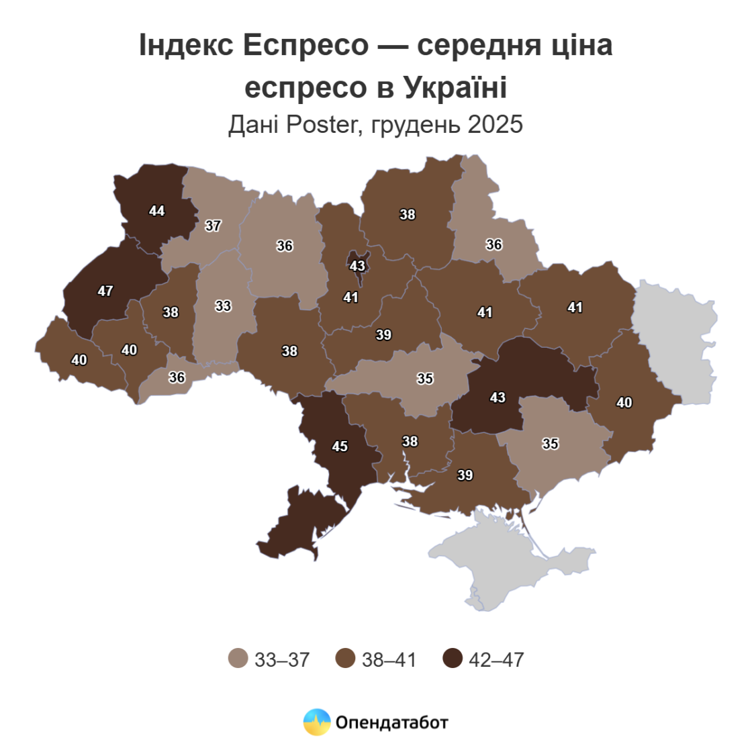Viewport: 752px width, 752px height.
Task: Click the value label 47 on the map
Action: [x=105, y=291]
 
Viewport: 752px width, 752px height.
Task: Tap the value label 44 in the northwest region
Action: [x=156, y=211]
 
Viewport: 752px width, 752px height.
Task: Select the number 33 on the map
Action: [x=223, y=306]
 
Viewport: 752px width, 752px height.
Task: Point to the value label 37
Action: [x=213, y=226]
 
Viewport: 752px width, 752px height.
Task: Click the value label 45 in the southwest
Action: [x=340, y=446]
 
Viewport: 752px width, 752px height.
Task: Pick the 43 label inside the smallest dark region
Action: [x=357, y=266]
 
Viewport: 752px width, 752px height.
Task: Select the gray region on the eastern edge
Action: [x=675, y=342]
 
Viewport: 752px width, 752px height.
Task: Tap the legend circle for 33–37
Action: [x=238, y=659]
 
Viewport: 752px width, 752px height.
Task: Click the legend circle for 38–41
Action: [x=345, y=659]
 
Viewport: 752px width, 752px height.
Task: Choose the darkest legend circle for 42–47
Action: [x=453, y=659]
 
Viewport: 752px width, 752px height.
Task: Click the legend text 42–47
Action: [x=496, y=660]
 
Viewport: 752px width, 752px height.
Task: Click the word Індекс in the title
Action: [x=186, y=46]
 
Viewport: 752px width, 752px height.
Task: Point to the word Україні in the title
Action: [x=455, y=87]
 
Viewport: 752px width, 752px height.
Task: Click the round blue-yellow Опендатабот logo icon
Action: [x=317, y=722]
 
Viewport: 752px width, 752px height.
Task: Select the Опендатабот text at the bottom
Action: [x=391, y=723]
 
